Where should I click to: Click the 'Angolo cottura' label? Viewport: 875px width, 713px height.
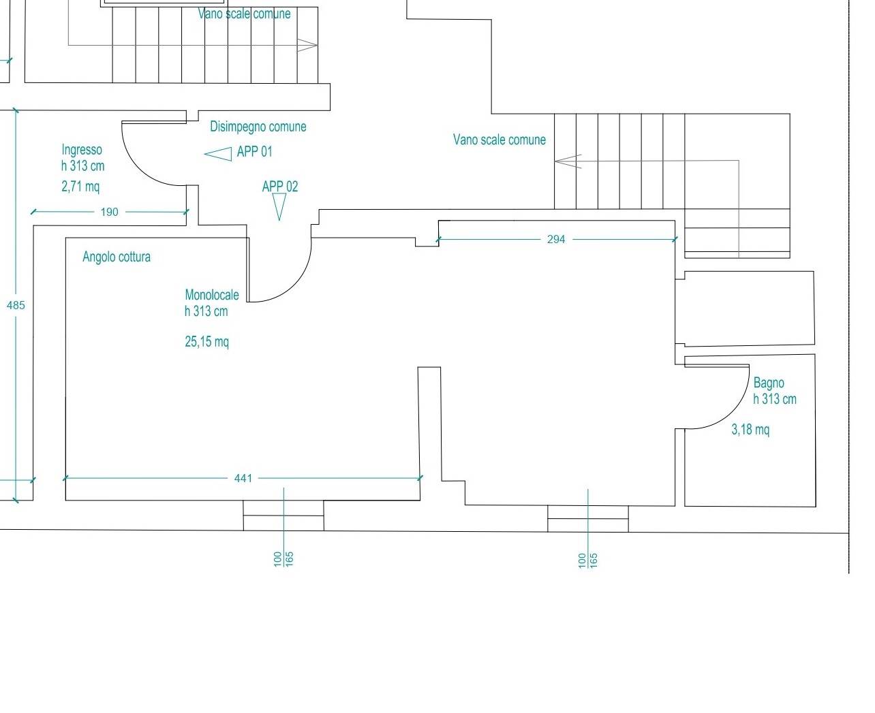point(116,257)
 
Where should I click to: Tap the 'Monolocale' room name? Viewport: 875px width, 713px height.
point(211,295)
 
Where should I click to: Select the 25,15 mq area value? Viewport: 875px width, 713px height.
point(206,342)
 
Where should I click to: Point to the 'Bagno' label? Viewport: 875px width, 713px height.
point(769,383)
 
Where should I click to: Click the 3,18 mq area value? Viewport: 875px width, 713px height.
point(750,430)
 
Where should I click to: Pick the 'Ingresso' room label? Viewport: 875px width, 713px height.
point(82,150)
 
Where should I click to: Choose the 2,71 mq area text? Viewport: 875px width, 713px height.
point(80,187)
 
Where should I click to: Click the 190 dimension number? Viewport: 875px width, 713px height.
point(110,212)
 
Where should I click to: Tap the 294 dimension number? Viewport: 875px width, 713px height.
point(556,239)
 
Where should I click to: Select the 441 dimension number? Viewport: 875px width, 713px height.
point(243,478)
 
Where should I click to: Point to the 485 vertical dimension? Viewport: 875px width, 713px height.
point(16,306)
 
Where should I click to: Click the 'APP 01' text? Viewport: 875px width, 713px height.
point(254,152)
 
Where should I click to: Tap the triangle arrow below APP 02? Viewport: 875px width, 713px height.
point(279,207)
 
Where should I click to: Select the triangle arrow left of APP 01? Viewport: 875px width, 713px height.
point(218,154)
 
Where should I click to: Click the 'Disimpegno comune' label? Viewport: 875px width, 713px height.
point(258,127)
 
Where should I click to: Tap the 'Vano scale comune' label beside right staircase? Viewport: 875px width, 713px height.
point(499,140)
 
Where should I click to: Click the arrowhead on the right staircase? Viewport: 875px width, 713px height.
point(568,161)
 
